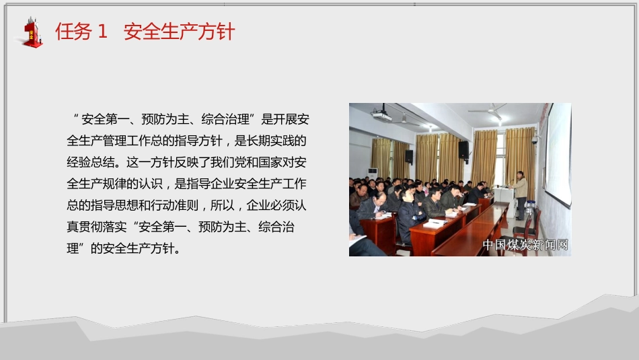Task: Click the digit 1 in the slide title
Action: click(x=102, y=32)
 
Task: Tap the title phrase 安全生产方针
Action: click(x=180, y=32)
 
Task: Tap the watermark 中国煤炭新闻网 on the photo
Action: click(x=525, y=245)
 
